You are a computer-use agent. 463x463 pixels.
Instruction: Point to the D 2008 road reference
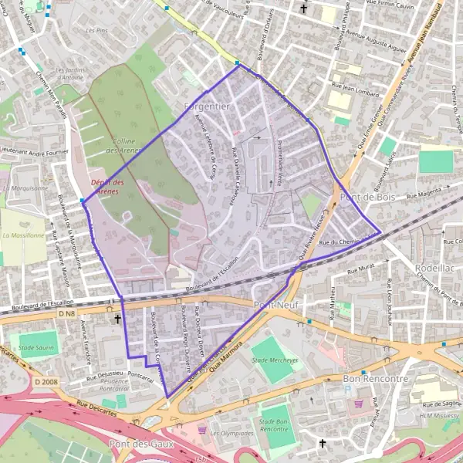[46, 380]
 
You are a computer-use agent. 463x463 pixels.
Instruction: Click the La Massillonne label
[23, 235]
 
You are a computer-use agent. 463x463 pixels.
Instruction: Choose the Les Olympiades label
[231, 434]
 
